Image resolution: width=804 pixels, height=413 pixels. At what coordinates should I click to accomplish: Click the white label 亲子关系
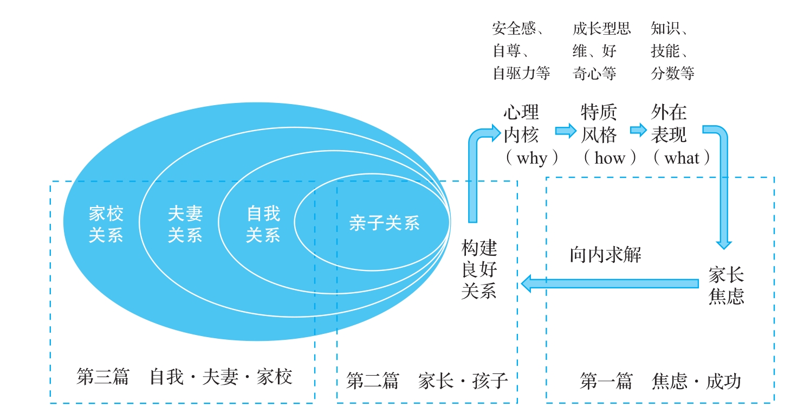click(384, 223)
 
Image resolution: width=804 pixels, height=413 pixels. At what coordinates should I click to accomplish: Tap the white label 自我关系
click(263, 224)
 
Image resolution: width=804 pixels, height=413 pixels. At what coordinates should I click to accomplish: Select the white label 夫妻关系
click(185, 224)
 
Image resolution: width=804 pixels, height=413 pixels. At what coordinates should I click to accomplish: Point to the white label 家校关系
click(106, 224)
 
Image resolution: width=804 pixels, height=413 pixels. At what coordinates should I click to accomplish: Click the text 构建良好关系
click(479, 269)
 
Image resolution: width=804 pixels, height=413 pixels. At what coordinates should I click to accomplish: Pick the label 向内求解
click(606, 255)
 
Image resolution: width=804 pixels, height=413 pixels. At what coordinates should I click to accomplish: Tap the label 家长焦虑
click(726, 286)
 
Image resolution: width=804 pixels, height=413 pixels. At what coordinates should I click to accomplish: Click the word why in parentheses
click(532, 158)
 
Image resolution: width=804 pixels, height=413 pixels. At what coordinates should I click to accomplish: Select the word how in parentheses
click(610, 158)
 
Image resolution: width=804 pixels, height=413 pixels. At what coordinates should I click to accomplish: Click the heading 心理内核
click(521, 124)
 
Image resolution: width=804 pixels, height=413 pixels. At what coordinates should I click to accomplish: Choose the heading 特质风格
click(599, 124)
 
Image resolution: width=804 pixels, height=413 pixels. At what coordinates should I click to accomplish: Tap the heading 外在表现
click(669, 124)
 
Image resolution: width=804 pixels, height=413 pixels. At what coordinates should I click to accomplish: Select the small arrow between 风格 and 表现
click(638, 130)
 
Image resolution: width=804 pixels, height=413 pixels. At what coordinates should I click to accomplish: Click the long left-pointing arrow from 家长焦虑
click(610, 283)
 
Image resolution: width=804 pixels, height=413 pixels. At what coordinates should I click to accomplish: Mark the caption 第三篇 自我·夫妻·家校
click(185, 377)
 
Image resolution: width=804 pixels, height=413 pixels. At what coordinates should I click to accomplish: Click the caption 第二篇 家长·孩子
click(427, 380)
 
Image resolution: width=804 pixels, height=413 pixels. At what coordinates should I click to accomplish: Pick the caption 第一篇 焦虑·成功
click(660, 381)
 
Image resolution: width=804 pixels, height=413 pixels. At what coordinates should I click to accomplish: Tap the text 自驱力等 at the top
click(522, 73)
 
